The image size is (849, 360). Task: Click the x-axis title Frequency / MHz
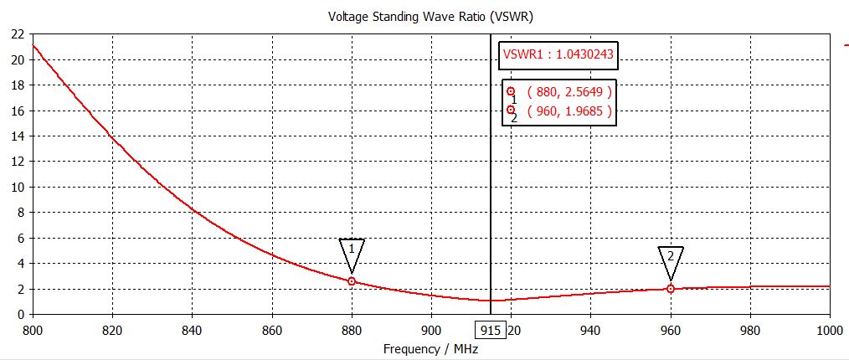point(424,348)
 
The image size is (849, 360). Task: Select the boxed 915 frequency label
point(492,331)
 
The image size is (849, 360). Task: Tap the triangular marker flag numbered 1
point(352,250)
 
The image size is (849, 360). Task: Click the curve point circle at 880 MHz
point(352,281)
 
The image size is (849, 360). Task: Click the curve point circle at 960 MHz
point(671,289)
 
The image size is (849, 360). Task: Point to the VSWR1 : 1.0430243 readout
point(558,56)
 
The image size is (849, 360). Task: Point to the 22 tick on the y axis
point(17,34)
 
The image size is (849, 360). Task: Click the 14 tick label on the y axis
point(17,136)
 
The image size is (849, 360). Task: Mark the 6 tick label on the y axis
point(20,238)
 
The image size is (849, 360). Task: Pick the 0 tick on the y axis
point(20,314)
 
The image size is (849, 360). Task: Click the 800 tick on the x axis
point(33,330)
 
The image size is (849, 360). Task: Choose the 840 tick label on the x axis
point(193,330)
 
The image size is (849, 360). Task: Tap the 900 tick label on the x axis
point(431,330)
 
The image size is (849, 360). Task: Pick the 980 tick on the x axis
point(750,330)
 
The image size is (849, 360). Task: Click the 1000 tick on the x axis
point(828,330)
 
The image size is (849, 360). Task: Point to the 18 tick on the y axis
point(17,85)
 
